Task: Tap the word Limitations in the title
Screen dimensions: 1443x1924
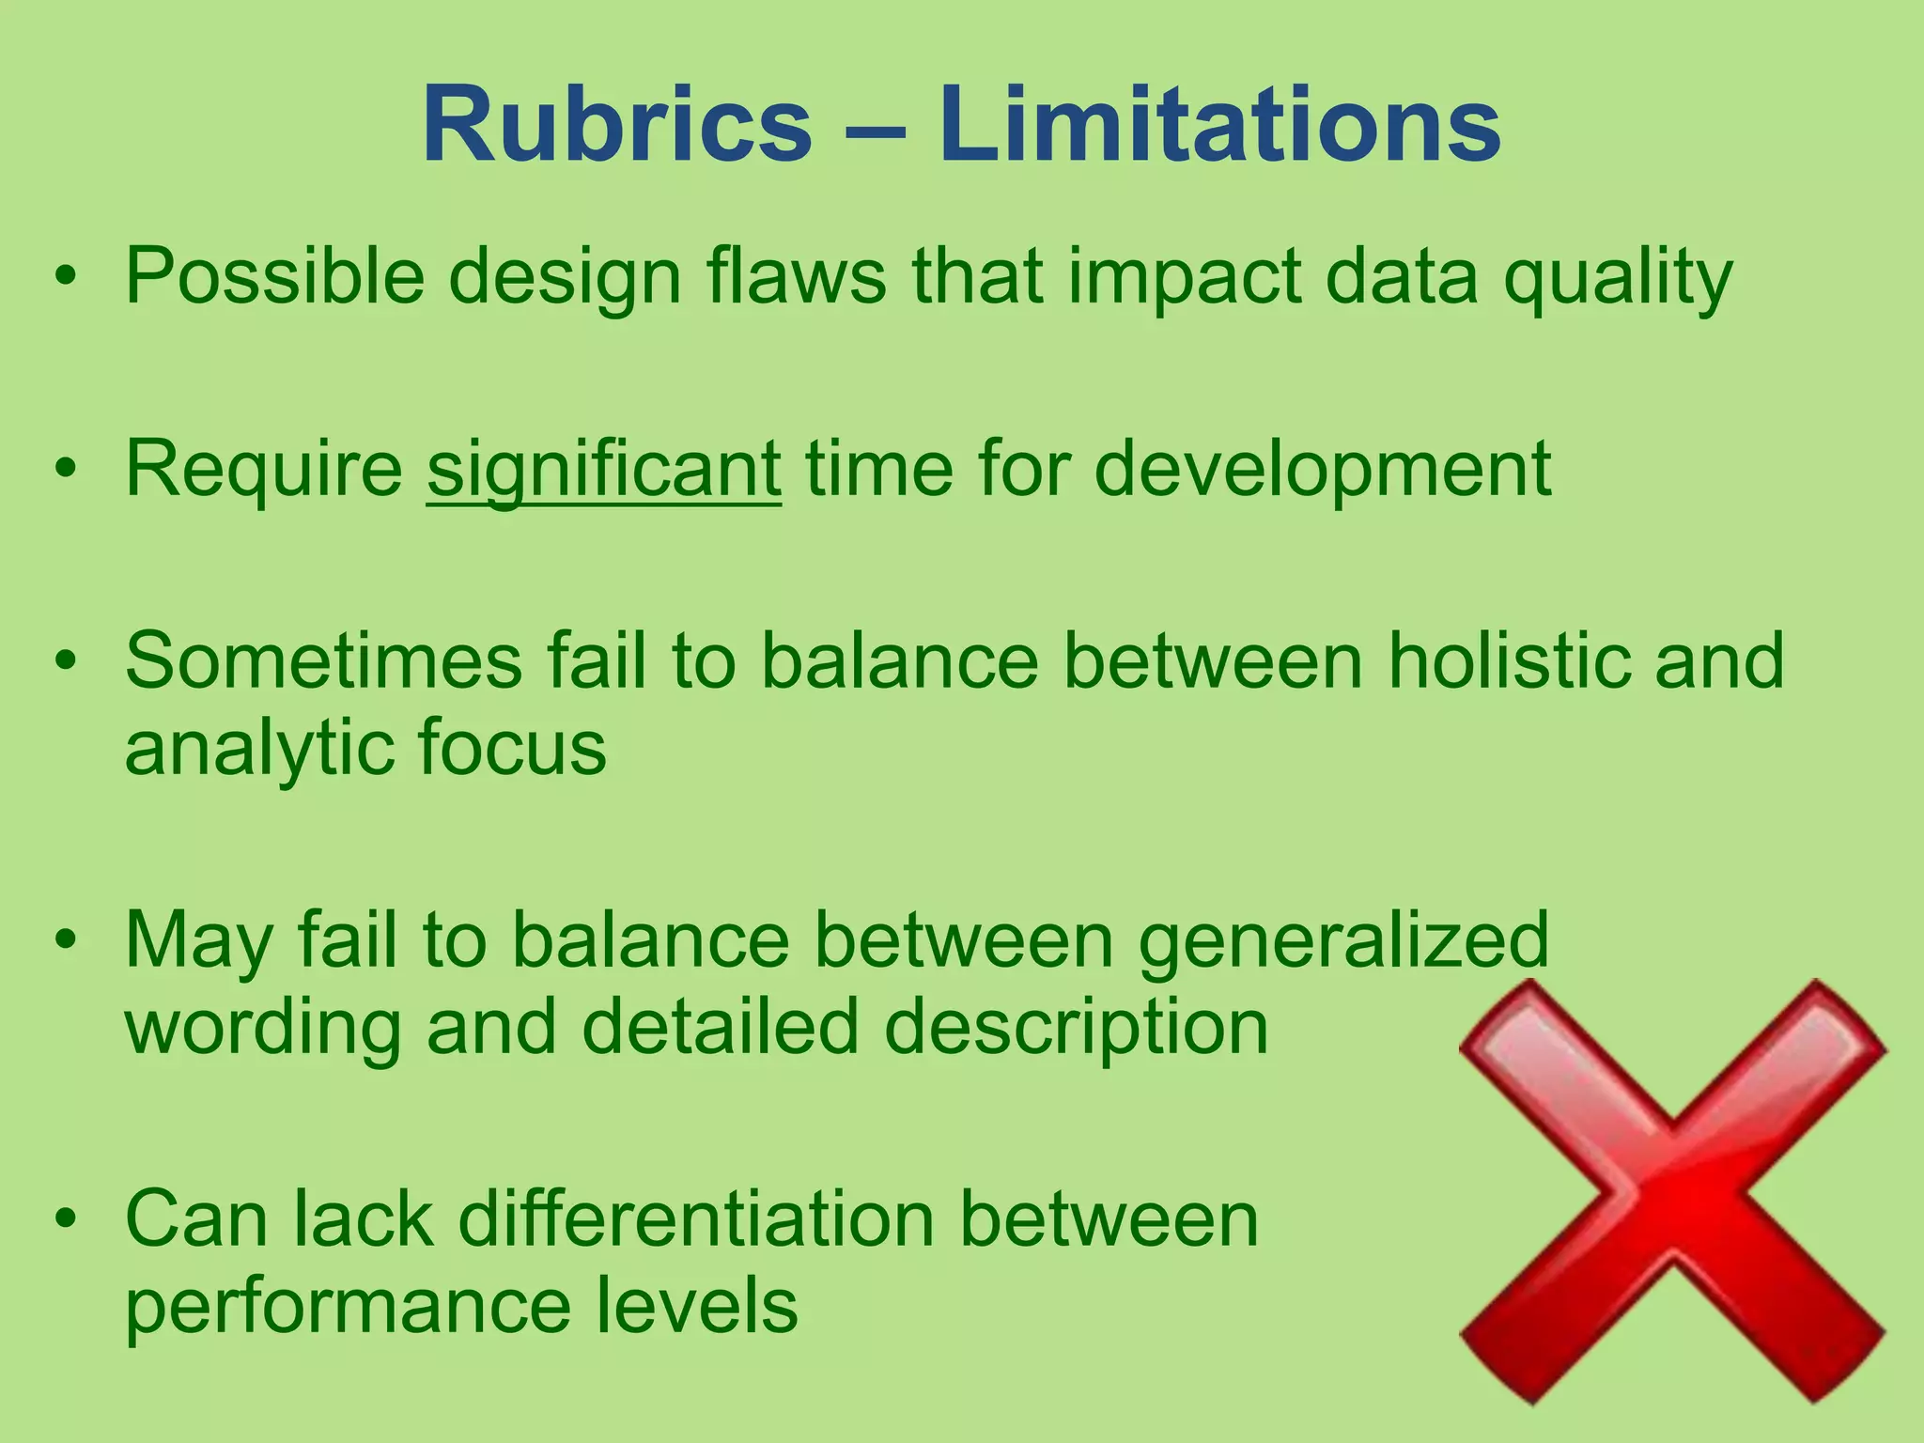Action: (x=1219, y=125)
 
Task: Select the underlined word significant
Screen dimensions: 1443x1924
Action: (x=603, y=470)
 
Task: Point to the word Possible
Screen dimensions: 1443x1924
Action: (x=275, y=276)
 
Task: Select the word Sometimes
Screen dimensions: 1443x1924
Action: (x=323, y=661)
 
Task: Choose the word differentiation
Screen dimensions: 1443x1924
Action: (x=696, y=1219)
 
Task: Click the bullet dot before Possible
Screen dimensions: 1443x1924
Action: (x=65, y=277)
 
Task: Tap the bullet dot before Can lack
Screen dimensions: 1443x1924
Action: (x=65, y=1219)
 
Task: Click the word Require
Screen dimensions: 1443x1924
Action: (x=264, y=470)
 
